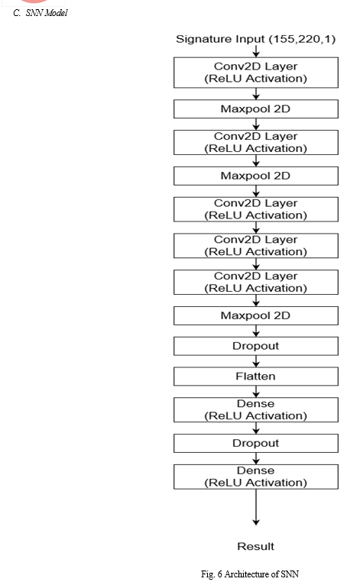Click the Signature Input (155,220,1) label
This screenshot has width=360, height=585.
(x=256, y=39)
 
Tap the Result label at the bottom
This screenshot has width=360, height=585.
(x=256, y=547)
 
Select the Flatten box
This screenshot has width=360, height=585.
(x=256, y=377)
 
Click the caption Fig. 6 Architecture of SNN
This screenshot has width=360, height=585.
(x=250, y=574)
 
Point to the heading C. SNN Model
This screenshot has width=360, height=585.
(x=41, y=13)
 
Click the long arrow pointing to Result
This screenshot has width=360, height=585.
(x=256, y=507)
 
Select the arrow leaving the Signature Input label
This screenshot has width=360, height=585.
(x=256, y=51)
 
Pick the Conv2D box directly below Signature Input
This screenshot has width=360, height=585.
(x=256, y=73)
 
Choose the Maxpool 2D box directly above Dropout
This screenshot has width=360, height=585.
(x=256, y=315)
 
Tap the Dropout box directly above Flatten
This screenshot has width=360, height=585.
(x=256, y=346)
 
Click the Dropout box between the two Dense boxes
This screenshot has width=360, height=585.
(x=256, y=443)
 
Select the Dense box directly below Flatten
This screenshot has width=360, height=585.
(x=256, y=410)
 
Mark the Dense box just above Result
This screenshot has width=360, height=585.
(x=256, y=477)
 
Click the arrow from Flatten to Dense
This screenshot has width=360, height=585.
(x=256, y=392)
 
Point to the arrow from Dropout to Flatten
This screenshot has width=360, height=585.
(x=256, y=361)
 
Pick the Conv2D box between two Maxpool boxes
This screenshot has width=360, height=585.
(x=256, y=143)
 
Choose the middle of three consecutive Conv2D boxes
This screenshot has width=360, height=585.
(x=256, y=246)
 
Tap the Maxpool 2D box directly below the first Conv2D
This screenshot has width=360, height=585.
(x=256, y=109)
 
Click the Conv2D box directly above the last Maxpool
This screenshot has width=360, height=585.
(x=256, y=283)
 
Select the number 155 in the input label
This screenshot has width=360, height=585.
(x=283, y=39)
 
